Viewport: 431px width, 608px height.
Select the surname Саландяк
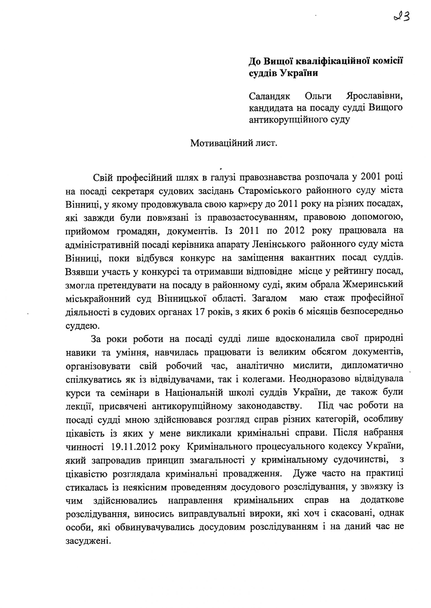coord(269,96)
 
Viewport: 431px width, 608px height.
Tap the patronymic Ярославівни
coord(374,96)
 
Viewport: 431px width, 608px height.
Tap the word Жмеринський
coord(373,284)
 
